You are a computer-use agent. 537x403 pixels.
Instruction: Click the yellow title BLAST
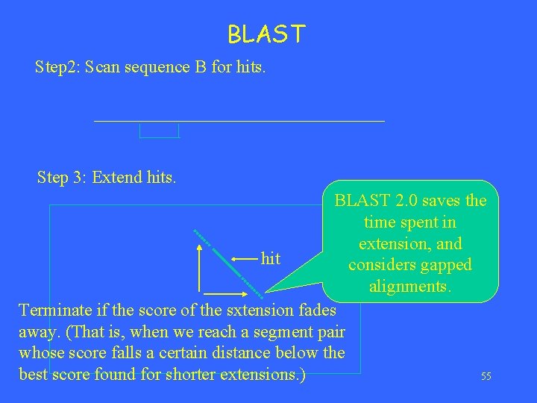266,34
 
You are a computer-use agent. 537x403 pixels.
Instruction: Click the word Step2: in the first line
57,67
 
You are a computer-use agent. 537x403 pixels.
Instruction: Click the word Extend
117,178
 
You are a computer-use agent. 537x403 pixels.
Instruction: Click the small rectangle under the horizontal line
160,131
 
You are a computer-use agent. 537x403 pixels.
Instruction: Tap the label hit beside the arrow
271,259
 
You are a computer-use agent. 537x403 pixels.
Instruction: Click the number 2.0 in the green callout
404,201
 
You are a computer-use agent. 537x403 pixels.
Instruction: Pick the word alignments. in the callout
409,287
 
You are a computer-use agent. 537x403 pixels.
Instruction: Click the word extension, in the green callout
410,244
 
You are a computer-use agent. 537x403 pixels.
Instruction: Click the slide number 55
486,377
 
